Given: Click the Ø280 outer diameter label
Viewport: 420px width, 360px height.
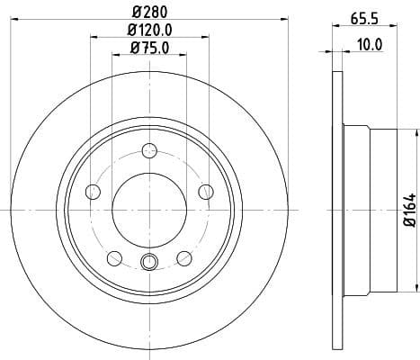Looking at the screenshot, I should click(x=149, y=11).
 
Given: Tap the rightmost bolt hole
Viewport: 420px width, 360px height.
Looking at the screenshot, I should click(x=206, y=191).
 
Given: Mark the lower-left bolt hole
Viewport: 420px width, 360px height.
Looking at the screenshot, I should click(x=114, y=257).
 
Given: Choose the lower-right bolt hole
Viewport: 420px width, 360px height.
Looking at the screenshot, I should click(x=184, y=257).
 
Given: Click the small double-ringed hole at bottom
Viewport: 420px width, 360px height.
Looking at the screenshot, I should click(x=149, y=262).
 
